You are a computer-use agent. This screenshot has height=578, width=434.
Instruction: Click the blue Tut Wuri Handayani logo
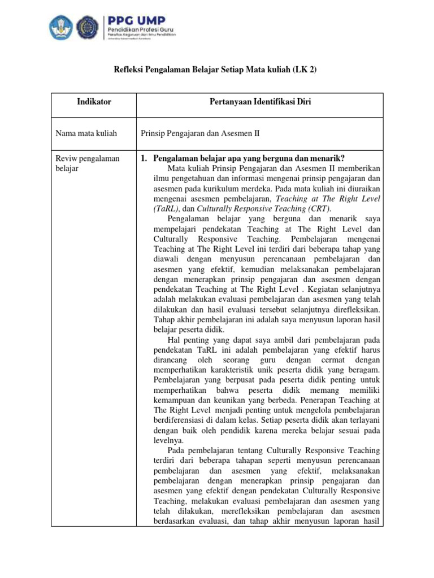61,27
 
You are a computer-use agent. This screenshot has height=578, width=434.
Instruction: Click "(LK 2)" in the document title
309,69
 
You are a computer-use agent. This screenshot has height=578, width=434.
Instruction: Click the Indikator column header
94,102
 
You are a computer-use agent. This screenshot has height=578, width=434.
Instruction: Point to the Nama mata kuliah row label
86,134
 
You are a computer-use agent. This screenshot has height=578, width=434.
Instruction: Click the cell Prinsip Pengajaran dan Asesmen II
200,134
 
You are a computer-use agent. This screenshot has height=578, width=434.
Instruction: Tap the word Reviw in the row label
67,159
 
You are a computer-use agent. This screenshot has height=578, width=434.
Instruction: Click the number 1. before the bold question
144,159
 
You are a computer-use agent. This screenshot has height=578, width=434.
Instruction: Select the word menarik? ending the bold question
328,159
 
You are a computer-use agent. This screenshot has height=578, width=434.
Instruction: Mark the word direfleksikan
354,310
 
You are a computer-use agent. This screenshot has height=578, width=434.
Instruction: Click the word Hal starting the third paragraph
175,340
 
